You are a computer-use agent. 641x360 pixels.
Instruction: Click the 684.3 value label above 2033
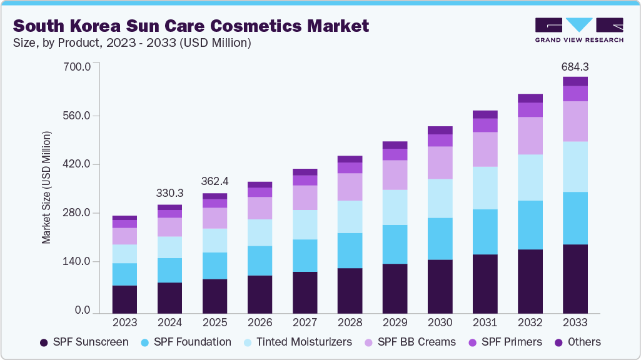click(x=575, y=66)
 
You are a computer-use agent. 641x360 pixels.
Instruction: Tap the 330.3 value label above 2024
click(x=170, y=194)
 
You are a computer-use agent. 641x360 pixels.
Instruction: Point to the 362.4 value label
click(x=215, y=181)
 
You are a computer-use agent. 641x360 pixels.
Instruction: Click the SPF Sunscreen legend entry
click(x=84, y=342)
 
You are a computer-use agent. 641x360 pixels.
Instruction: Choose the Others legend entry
click(x=578, y=342)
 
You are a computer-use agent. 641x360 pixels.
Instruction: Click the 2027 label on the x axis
click(x=305, y=322)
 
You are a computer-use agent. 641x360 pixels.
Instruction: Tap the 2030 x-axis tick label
click(x=440, y=322)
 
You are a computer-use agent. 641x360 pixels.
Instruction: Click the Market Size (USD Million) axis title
click(x=47, y=187)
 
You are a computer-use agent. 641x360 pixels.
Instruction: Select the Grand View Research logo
click(x=579, y=30)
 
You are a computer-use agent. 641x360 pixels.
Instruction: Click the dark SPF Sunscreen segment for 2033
click(x=575, y=278)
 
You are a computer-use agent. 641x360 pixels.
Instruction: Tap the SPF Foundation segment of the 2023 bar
click(x=125, y=274)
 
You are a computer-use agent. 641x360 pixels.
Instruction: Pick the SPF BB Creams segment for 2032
click(x=530, y=136)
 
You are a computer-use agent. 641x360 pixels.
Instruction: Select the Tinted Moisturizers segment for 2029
click(x=395, y=207)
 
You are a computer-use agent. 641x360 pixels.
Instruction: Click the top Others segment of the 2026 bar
click(x=260, y=184)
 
